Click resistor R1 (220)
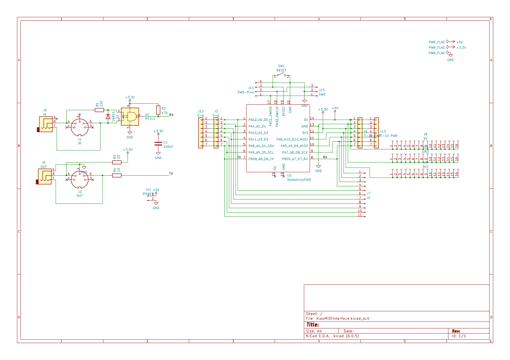pos(99,110)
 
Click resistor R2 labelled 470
pos(158,110)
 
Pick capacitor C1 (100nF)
pos(158,143)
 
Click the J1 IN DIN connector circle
pos(79,125)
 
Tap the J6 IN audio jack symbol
pos(45,124)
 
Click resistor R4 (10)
pos(117,175)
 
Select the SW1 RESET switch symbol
pos(281,76)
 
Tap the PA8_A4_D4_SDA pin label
pos(261,146)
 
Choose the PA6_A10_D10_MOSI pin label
pos(292,139)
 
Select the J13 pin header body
pos(376,133)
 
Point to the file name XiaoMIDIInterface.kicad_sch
pos(342,318)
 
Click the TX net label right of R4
pos(171,174)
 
